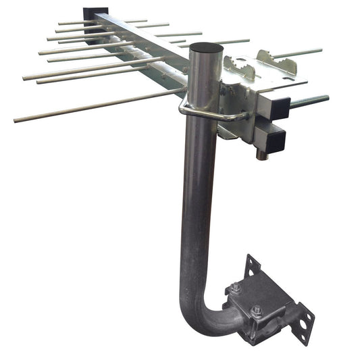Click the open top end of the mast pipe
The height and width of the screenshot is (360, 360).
coord(206,49)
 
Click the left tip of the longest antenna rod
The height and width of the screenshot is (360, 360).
coord(16,120)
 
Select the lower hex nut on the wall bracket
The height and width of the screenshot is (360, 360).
coord(257,311)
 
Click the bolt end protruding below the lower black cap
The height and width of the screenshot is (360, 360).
coord(260,155)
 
